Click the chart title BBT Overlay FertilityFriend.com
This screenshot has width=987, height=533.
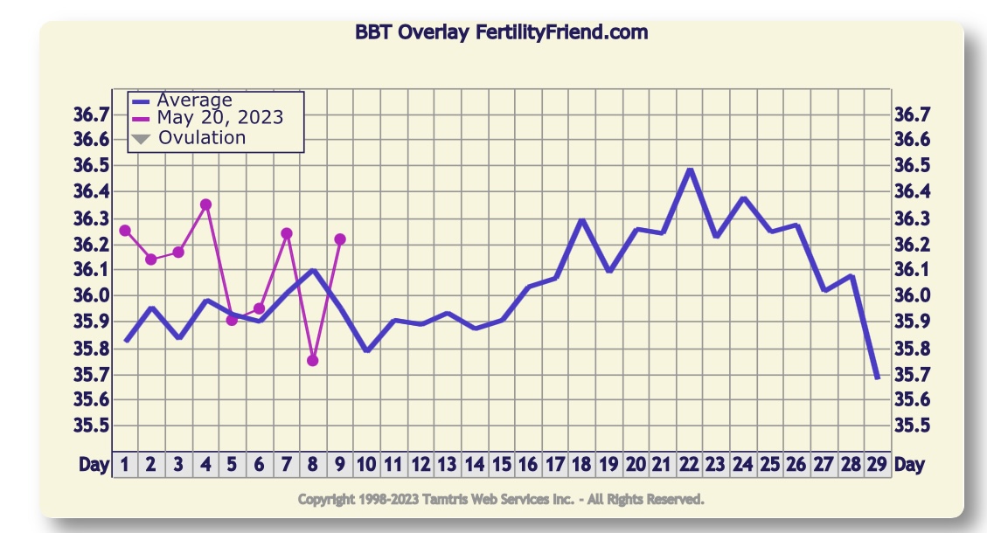[501, 32]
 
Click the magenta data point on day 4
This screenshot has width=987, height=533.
[205, 204]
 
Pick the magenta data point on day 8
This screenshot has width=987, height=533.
[313, 360]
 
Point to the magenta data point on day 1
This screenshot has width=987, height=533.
[125, 231]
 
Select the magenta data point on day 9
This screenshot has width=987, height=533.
[340, 239]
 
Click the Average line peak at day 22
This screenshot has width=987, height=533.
[690, 170]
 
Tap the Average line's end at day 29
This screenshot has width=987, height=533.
[877, 377]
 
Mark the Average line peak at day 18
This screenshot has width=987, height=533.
[582, 220]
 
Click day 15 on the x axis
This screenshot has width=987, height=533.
[501, 465]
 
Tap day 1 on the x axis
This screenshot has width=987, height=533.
[125, 465]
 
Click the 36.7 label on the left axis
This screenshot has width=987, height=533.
[91, 114]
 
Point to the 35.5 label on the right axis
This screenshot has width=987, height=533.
[913, 426]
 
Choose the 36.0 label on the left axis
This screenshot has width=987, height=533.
[91, 295]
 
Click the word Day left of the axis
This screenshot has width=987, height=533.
[94, 465]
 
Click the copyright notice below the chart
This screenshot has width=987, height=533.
[501, 500]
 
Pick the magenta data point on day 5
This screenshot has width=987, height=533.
[232, 320]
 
